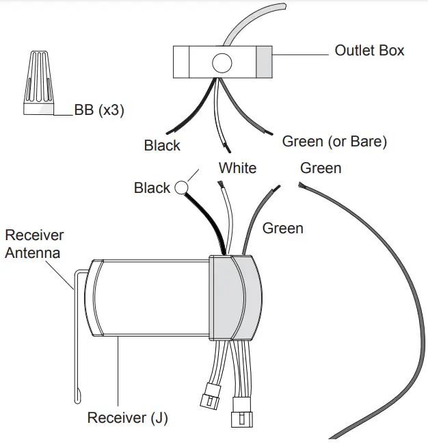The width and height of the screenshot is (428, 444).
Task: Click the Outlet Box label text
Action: (369, 51)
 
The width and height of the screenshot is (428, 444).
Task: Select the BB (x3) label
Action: (99, 110)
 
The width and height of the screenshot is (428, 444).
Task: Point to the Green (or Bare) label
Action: (334, 142)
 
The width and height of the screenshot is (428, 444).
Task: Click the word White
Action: (237, 168)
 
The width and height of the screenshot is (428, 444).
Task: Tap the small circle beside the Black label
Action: (182, 187)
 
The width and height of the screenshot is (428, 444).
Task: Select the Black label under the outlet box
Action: (162, 146)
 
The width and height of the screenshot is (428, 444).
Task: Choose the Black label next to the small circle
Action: (152, 188)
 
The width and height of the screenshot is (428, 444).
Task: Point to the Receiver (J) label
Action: (128, 417)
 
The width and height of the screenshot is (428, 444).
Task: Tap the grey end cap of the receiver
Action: (235, 298)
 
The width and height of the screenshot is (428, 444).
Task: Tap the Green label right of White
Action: (321, 168)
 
